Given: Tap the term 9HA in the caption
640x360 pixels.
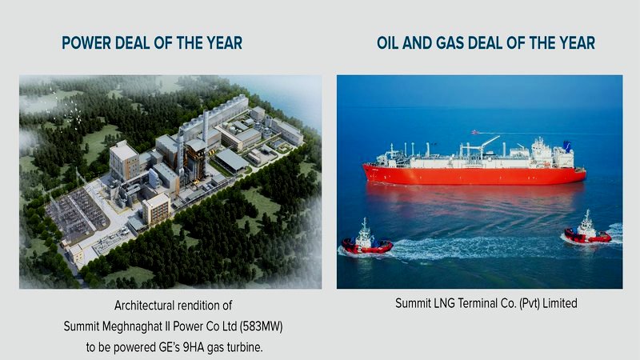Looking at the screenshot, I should (x=202, y=346).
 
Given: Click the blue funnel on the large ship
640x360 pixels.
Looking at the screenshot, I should (x=567, y=146).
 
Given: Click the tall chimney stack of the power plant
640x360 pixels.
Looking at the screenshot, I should (x=206, y=128).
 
